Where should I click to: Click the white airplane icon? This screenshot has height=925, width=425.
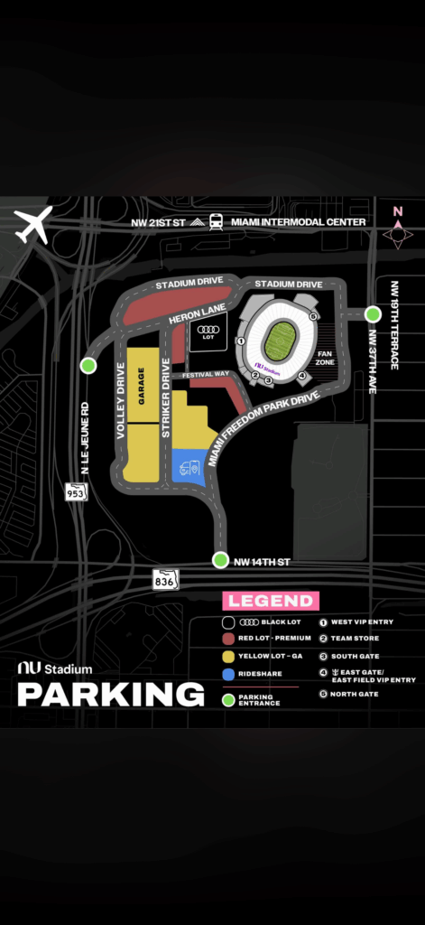33,226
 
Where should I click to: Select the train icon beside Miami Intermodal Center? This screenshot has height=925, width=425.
216,221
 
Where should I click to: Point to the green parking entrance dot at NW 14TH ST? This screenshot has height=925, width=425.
220,560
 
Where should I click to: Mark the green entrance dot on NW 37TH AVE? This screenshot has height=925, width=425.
373,314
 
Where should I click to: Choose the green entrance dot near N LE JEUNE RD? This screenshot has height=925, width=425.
88,365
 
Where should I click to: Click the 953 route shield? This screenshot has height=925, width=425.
75,492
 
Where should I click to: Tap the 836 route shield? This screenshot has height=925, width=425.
165,579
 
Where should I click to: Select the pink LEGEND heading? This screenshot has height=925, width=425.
271,601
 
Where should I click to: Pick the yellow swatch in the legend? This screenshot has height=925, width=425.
230,656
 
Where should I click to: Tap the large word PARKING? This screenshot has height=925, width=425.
111,694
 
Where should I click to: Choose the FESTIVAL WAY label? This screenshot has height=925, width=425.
204,374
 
